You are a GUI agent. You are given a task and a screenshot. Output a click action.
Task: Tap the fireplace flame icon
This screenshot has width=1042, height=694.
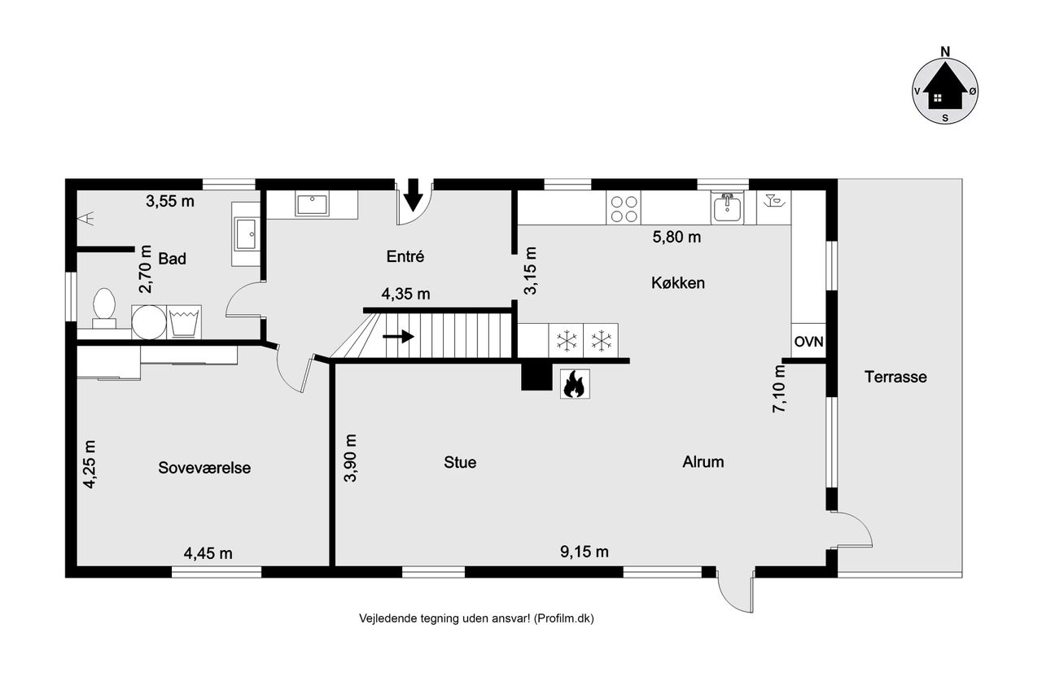click(575, 384)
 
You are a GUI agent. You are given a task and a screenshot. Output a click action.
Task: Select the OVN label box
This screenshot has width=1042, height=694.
click(808, 341)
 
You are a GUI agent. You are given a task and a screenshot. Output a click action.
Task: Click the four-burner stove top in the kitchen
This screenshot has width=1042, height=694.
click(624, 208)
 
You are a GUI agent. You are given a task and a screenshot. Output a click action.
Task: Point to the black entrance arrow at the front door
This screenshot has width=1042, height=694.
click(413, 194)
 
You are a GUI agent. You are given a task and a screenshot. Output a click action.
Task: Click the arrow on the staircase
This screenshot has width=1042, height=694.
click(398, 336)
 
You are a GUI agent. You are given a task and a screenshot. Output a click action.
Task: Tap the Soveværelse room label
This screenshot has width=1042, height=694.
click(204, 468)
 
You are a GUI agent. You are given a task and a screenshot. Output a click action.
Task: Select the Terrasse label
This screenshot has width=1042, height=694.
click(895, 377)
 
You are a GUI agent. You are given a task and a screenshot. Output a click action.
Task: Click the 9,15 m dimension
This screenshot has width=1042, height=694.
click(584, 552)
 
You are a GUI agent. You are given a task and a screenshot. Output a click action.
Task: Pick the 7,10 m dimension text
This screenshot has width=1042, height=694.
click(779, 389)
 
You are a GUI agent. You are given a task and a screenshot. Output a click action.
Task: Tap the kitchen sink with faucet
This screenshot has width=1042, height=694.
click(727, 207)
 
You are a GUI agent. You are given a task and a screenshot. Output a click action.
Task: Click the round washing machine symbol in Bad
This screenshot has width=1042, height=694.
click(149, 321)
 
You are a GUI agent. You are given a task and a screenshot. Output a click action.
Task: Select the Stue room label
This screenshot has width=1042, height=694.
click(460, 462)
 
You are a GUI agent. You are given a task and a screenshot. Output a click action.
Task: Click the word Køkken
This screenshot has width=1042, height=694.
click(678, 282)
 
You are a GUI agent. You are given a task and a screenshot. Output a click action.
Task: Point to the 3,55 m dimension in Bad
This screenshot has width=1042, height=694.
click(170, 201)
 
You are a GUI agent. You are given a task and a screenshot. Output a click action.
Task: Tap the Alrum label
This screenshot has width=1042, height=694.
click(703, 461)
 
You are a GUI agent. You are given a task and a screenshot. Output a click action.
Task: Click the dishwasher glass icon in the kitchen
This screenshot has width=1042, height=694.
click(774, 201)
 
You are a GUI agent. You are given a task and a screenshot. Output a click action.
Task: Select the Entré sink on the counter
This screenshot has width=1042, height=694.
click(312, 204)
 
